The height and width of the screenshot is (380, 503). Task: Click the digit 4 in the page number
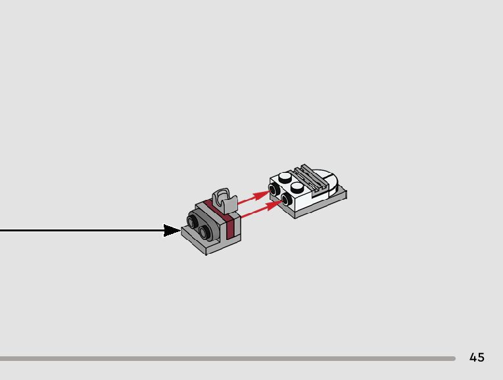point(473,358)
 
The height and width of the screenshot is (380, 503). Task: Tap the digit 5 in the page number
point(481,358)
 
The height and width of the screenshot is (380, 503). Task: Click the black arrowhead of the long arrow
point(172,230)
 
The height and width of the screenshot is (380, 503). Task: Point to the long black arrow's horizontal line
point(79,230)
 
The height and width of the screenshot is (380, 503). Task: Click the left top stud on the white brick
point(285,176)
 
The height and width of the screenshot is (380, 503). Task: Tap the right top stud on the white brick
point(297,186)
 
